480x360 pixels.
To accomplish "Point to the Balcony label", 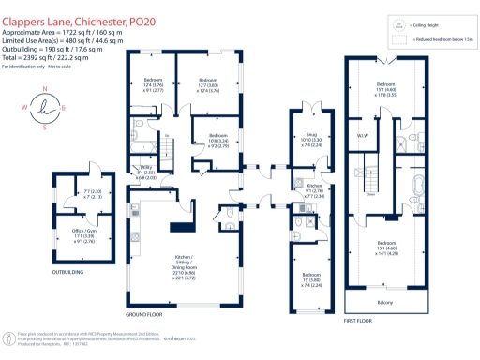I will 385,304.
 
